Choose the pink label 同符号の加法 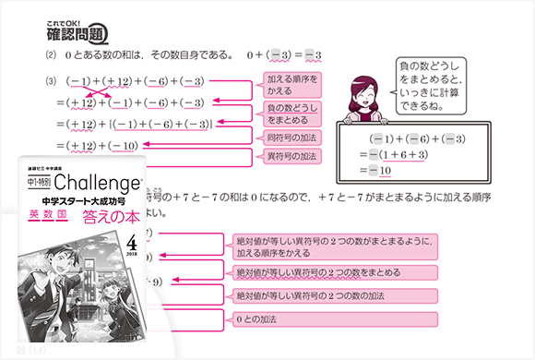[289, 138]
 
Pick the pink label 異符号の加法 [289, 156]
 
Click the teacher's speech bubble [426, 84]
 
